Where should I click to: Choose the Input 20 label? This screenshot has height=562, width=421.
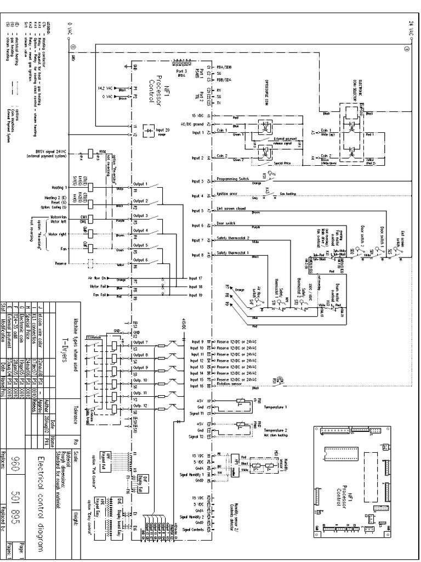(x=163, y=130)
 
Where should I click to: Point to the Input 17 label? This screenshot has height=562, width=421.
(x=196, y=278)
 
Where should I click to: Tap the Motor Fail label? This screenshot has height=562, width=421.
(x=99, y=287)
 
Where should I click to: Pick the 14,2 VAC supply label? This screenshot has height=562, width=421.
(x=104, y=87)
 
